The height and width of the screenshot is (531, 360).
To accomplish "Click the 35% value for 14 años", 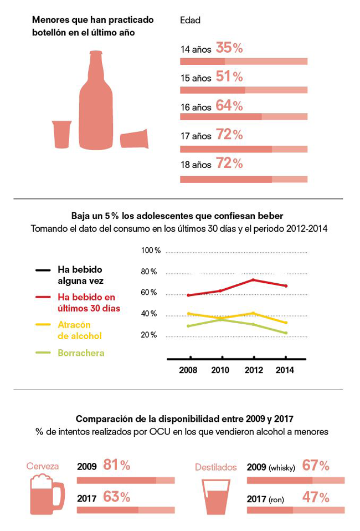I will (229, 48).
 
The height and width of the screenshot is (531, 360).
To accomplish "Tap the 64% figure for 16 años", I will (229, 106).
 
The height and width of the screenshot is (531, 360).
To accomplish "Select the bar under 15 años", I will (244, 90).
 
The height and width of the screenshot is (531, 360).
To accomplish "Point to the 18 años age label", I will (196, 165).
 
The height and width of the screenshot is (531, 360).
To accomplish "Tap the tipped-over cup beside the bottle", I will (135, 139).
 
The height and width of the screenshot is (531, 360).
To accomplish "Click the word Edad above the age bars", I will (190, 21).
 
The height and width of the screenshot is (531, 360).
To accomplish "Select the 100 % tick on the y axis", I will (150, 251).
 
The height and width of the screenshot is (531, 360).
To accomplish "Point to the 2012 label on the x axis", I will (254, 370).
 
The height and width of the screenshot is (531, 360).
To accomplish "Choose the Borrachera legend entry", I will (81, 353).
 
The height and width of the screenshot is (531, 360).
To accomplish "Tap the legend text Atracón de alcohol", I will (80, 330).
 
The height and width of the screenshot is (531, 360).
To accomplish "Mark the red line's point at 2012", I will (254, 279).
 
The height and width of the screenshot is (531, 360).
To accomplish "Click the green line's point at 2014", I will (285, 333).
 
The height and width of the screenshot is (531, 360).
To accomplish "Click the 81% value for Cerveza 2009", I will (117, 466).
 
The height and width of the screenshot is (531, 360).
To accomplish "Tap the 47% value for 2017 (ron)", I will (316, 498).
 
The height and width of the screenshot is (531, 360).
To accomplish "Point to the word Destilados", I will (215, 467).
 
